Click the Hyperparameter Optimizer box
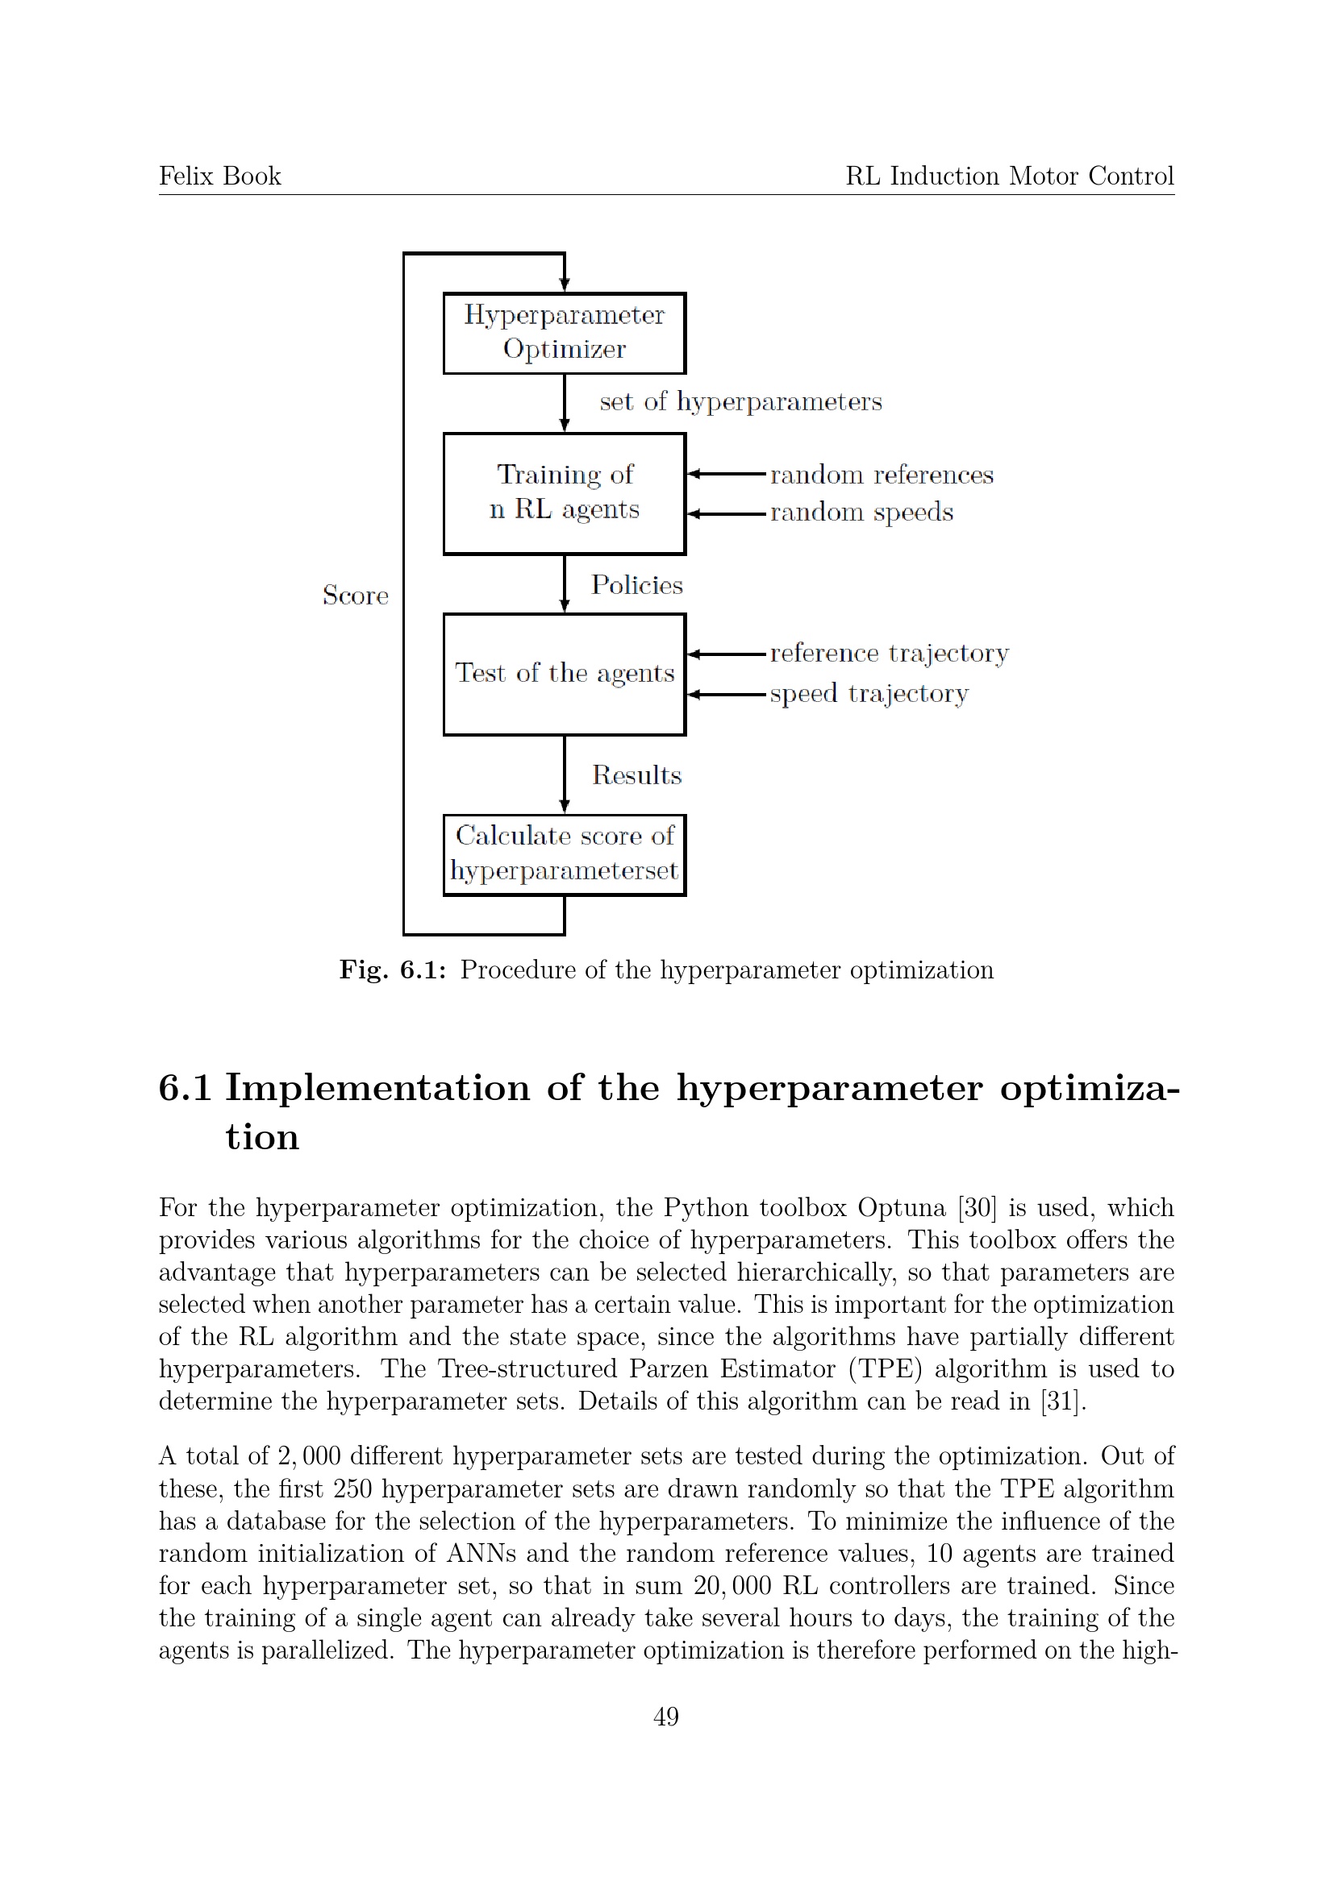[565, 333]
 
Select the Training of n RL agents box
[565, 493]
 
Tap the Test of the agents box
[565, 673]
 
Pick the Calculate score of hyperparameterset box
[565, 853]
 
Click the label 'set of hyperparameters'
[740, 401]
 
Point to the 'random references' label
[882, 475]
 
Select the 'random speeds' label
[861, 513]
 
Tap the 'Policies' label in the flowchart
[636, 584]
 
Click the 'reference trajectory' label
[889, 654]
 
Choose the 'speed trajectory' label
[869, 694]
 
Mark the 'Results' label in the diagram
[636, 775]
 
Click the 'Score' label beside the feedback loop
[355, 596]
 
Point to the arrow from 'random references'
[726, 474]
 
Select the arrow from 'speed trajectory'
[726, 695]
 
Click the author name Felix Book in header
[219, 176]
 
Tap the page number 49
[666, 1716]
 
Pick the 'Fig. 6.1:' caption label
[393, 969]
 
